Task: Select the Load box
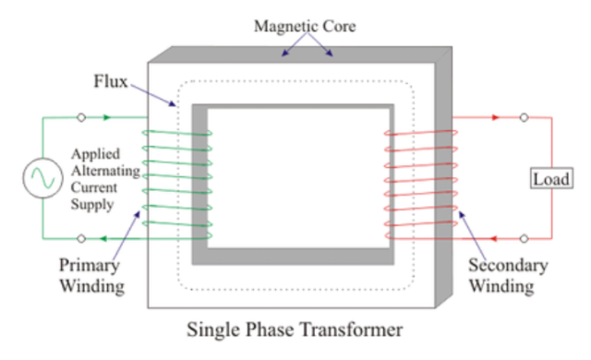coord(551,177)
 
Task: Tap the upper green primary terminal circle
coord(82,118)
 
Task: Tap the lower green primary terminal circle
coord(82,237)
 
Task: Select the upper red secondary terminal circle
coord(524,118)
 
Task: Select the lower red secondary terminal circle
coord(524,237)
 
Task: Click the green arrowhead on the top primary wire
coord(111,118)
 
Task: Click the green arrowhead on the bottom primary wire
coord(104,237)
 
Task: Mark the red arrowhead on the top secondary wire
coord(495,118)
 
